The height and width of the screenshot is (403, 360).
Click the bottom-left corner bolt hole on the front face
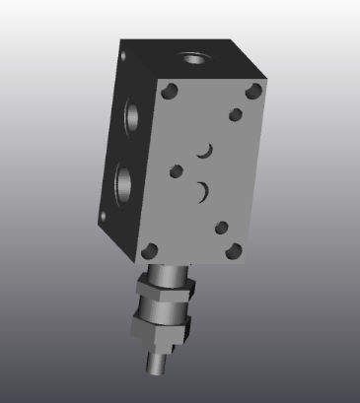pyautogui.click(x=150, y=248)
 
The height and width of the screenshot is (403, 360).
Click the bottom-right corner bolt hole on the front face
pyautogui.click(x=235, y=251)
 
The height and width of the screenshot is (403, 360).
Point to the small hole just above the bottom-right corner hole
pyautogui.click(x=222, y=228)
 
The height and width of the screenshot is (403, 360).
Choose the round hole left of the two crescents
pyautogui.click(x=177, y=169)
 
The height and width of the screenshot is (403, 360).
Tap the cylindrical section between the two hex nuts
pyautogui.click(x=164, y=310)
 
